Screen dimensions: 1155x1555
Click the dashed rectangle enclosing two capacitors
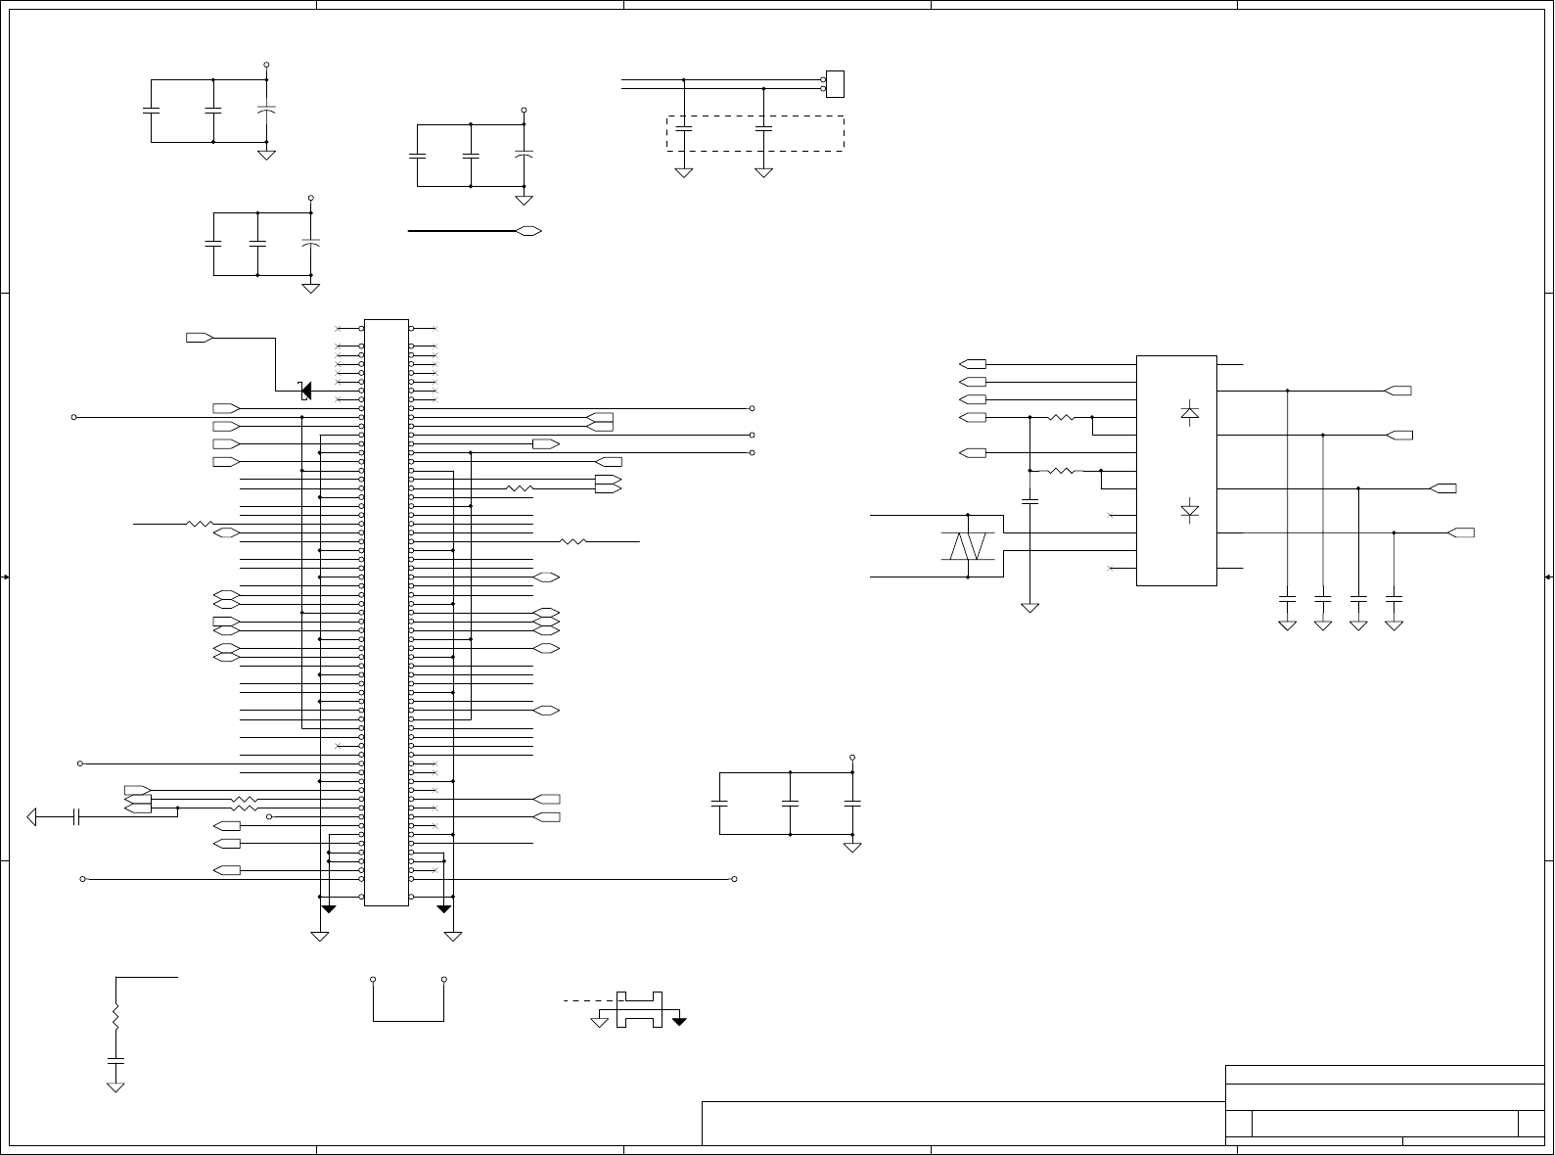click(x=755, y=133)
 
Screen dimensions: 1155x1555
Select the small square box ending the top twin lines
click(x=835, y=84)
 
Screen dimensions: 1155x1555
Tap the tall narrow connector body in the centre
click(x=387, y=613)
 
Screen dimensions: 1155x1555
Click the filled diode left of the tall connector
click(x=305, y=391)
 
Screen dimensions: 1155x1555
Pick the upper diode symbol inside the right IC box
click(x=1190, y=414)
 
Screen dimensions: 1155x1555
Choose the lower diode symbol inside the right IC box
click(x=1190, y=511)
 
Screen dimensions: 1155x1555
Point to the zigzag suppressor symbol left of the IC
click(x=968, y=546)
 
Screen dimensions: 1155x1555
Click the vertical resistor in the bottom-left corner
click(x=115, y=1017)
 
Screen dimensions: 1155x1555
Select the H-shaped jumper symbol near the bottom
click(x=639, y=1009)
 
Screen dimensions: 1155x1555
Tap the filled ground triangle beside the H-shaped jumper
click(x=678, y=1022)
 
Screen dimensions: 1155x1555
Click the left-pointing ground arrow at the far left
click(x=34, y=816)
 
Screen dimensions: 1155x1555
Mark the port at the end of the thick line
click(x=529, y=231)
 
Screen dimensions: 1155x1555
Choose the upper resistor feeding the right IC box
click(x=1062, y=418)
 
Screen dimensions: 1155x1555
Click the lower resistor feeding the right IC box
click(x=1062, y=471)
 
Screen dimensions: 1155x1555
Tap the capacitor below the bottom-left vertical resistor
click(x=115, y=1060)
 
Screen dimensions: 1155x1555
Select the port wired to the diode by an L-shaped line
click(x=200, y=338)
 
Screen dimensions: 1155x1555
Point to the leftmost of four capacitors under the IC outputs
click(x=1288, y=596)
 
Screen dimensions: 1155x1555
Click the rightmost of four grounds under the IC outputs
click(x=1395, y=624)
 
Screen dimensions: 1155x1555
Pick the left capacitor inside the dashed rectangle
click(x=684, y=128)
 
